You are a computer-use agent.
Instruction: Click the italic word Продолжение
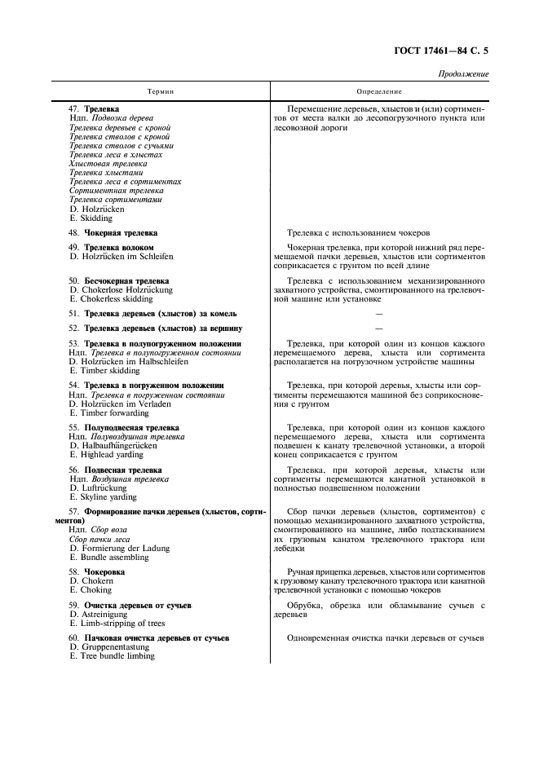click(464, 74)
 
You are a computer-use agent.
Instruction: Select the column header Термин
click(160, 92)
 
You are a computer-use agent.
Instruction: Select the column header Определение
click(379, 92)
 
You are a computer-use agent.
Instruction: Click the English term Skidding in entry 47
click(96, 218)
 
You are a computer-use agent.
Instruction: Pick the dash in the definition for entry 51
click(378, 313)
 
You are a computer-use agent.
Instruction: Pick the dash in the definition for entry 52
click(378, 328)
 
